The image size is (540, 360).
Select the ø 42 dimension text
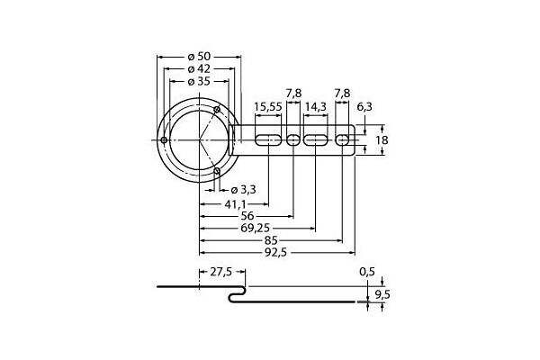198,69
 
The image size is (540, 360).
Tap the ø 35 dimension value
198,81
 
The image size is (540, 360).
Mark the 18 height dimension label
382,140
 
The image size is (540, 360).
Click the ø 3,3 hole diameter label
244,189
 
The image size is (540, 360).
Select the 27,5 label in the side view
220,271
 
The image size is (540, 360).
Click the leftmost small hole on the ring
164,141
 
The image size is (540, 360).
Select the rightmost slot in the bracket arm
342,140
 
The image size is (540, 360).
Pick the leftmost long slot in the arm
267,140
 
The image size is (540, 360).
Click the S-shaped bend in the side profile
238,294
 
